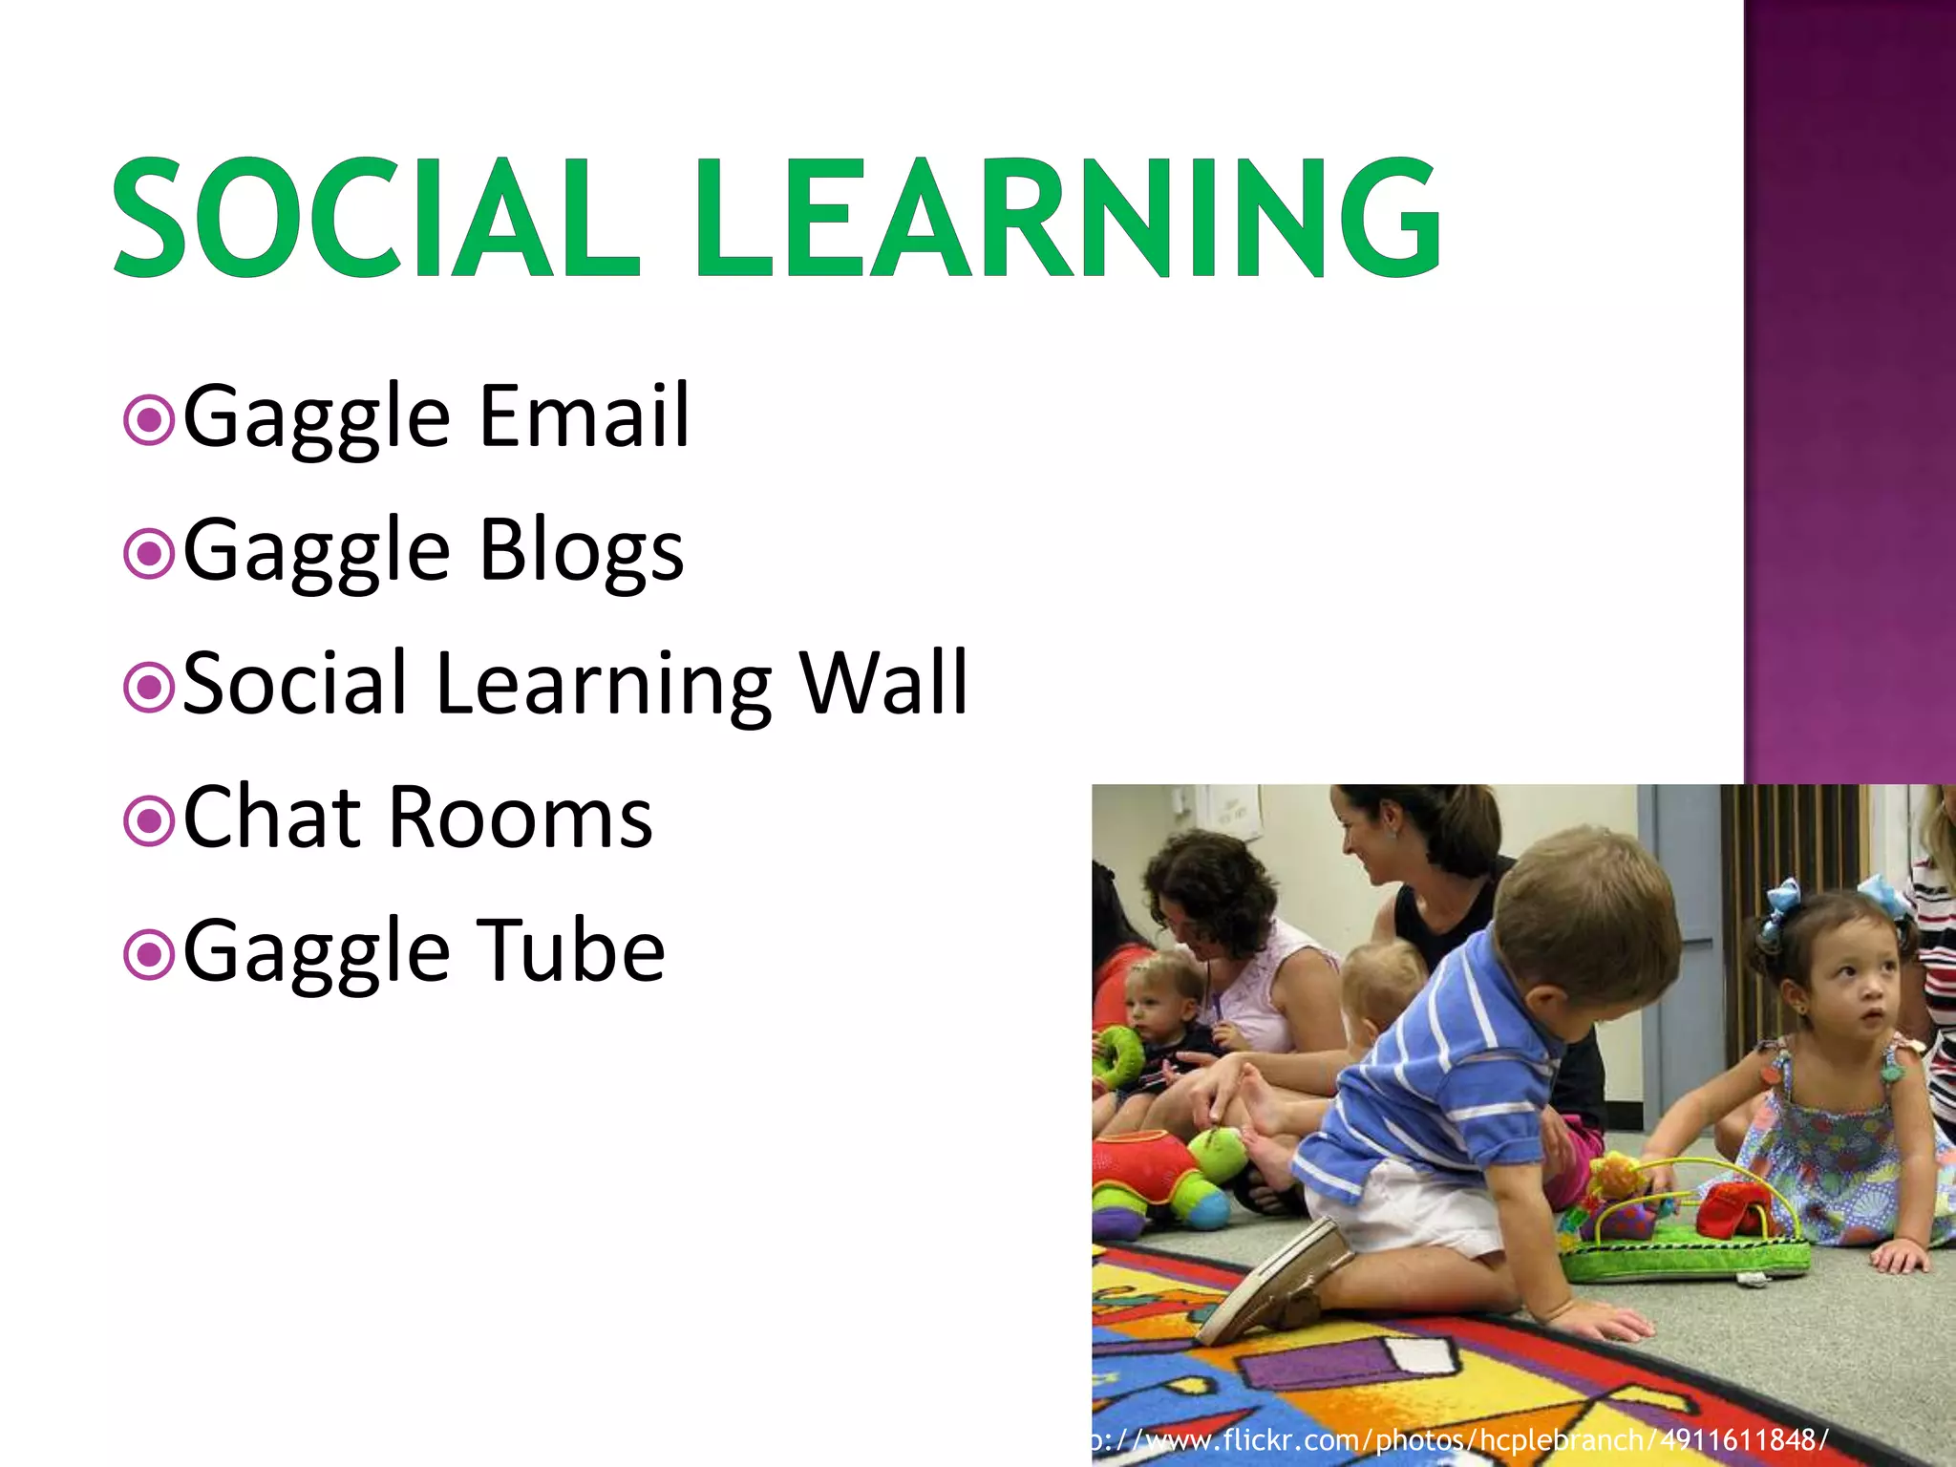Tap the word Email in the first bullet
(584, 415)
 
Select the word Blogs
(582, 550)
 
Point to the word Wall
(883, 682)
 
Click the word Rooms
(521, 817)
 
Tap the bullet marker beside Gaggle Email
(149, 420)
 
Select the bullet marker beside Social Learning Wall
(149, 688)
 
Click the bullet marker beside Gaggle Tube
(149, 955)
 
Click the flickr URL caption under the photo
(1461, 1439)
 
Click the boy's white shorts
(1404, 1213)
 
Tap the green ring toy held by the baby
(1117, 1055)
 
